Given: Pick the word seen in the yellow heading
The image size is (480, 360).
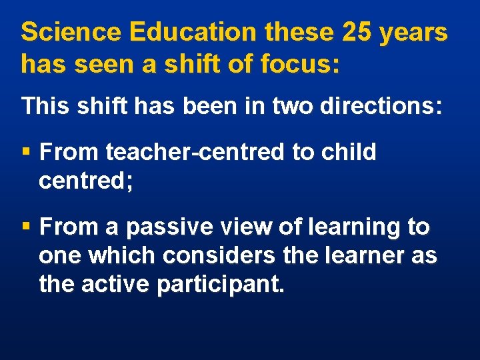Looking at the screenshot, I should [x=98, y=65].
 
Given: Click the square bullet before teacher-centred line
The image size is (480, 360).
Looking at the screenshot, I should [x=26, y=153].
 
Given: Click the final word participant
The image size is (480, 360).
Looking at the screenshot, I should [x=221, y=286].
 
